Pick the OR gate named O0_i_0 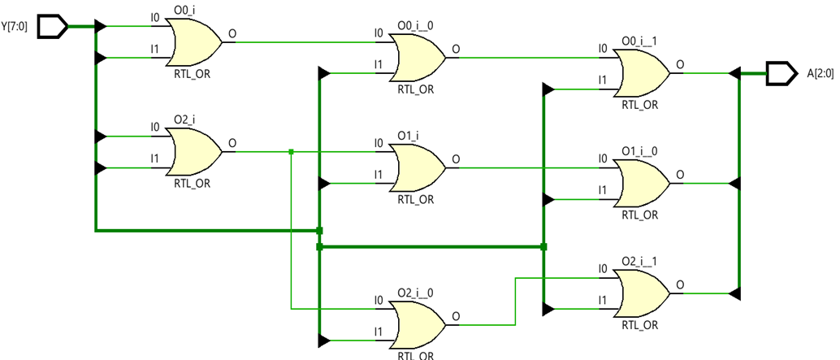click(419, 58)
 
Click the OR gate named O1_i click(419, 168)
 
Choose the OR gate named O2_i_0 click(419, 323)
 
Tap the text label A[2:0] click(821, 74)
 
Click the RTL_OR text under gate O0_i click(192, 73)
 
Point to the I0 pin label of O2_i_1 click(602, 268)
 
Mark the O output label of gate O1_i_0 click(679, 174)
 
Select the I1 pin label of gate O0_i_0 click(378, 64)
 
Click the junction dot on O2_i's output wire click(291, 151)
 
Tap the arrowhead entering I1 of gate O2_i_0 click(324, 340)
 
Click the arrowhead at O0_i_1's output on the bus click(734, 73)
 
